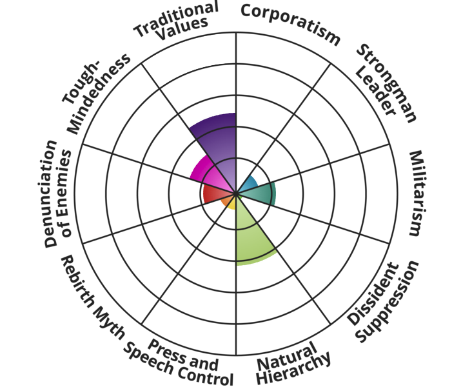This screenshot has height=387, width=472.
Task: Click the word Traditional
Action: point(175,18)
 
